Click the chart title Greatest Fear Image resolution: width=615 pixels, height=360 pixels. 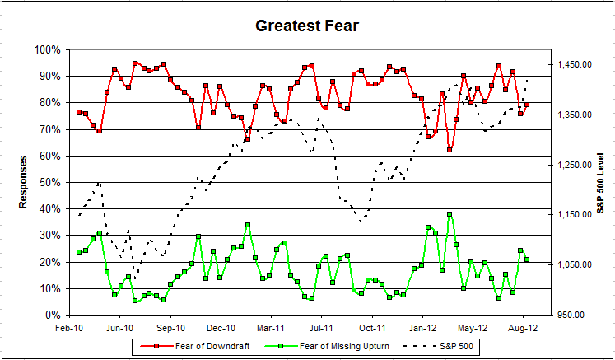pos(306,26)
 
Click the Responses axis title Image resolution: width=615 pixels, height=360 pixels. pos(24,182)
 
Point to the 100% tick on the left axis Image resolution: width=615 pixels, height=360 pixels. pos(46,49)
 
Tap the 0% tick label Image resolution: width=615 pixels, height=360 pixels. pos(52,315)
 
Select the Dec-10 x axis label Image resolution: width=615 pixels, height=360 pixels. pos(221,327)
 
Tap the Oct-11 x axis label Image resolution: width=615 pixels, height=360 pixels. pos(372,327)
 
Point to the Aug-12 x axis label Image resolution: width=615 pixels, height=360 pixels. pos(524,327)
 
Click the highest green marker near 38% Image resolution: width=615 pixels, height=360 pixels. pos(450,214)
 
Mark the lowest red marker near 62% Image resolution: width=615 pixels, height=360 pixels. pos(450,150)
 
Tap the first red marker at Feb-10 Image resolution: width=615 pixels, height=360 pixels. pos(79,112)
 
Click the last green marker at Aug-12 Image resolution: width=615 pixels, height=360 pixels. pos(527,259)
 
